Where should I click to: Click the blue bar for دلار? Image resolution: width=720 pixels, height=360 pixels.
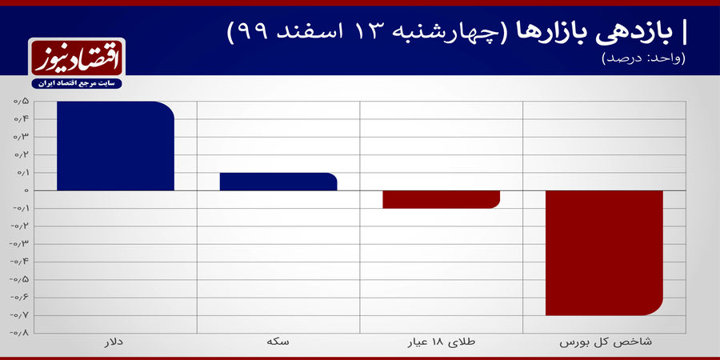point(115,146)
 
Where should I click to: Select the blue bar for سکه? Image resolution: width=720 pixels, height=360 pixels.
point(278,182)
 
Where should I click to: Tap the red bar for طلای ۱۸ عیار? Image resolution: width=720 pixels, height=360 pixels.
point(441,199)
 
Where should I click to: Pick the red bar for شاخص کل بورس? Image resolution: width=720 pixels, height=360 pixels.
point(604,253)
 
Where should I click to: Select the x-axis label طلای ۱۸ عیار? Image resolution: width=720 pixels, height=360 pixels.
point(441,342)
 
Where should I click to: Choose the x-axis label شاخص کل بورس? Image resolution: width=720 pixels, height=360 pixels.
point(604,342)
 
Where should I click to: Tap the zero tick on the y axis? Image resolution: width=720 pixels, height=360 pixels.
point(26,190)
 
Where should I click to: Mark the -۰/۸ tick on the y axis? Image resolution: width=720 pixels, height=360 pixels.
point(20,332)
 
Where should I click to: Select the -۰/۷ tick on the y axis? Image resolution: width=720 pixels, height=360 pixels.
point(20,314)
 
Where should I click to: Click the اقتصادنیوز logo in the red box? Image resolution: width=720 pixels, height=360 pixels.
point(75,58)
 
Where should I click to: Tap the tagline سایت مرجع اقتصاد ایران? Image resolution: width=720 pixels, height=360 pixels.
point(75,83)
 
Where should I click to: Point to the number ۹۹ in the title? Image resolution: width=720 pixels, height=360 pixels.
point(248,34)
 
